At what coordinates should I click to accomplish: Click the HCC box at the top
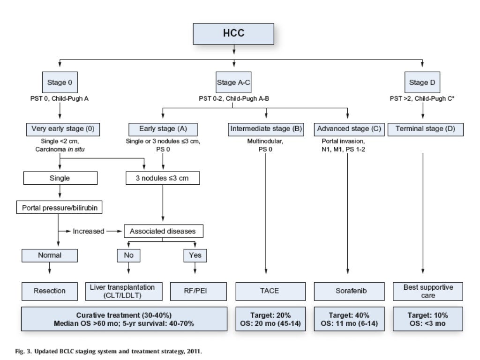pos(233,34)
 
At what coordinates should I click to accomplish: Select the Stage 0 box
pos(60,83)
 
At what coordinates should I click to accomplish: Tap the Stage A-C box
pos(233,83)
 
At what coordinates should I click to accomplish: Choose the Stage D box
pos(419,83)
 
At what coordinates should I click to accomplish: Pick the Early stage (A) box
pos(162,129)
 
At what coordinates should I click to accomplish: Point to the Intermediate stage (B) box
pos(266,129)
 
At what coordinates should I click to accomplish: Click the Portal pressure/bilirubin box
pos(60,207)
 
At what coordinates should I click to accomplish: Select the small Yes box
pos(195,255)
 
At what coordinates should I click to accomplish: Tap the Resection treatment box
pos(50,291)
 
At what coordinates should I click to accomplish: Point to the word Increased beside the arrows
pos(88,231)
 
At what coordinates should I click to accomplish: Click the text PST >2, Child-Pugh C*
pos(422,98)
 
